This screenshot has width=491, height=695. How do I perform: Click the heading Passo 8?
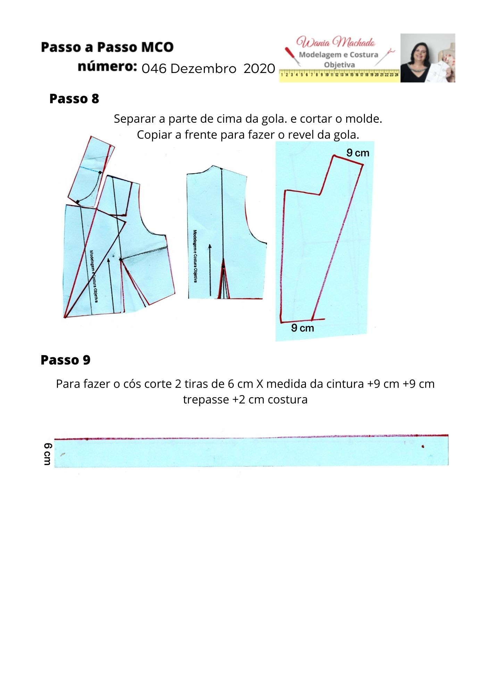pos(74,99)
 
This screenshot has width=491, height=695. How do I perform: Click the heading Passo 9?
pos(65,360)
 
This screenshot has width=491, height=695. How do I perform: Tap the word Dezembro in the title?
pos(203,69)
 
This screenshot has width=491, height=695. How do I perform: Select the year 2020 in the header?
pos(259,69)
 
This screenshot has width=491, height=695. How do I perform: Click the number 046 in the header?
pos(154,69)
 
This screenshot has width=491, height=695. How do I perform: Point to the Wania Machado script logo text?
pos(335,42)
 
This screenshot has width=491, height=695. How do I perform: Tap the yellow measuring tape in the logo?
pos(339,75)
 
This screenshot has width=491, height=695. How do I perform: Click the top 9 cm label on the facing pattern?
pos(358,153)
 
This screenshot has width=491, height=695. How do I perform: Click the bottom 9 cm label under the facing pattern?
pos(302,328)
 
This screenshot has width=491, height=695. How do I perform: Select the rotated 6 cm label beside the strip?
pos(48,454)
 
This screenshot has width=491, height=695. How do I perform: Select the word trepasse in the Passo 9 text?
pos(206,400)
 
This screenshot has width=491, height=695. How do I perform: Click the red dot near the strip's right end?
pos(423,446)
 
